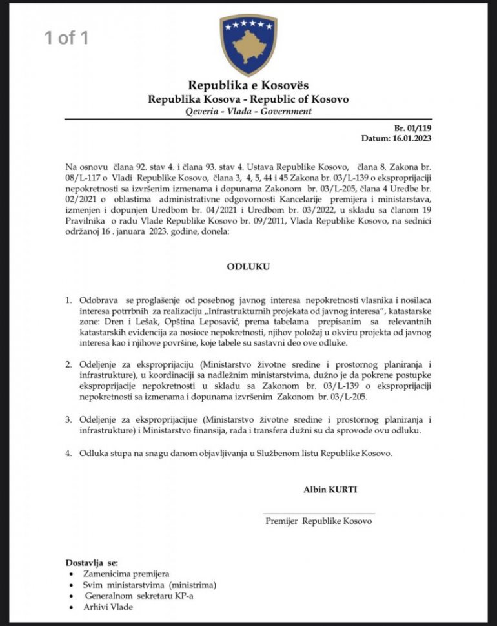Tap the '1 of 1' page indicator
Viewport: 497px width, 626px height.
pos(66,37)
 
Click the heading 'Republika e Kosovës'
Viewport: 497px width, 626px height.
pos(248,85)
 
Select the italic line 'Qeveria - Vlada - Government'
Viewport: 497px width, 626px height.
pos(248,111)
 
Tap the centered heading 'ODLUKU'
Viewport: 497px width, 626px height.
pos(248,266)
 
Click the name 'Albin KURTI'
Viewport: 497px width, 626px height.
pos(330,490)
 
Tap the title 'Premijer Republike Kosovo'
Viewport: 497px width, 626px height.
pos(319,521)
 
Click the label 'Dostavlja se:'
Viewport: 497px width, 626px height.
pos(92,562)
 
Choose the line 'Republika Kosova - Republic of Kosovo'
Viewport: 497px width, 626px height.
pos(248,99)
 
